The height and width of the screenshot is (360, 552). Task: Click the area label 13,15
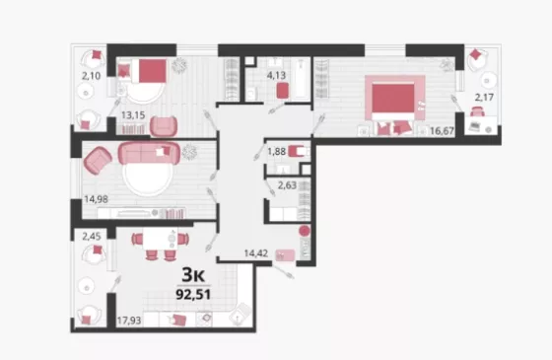tap(133, 115)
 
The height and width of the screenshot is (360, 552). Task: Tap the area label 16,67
tap(442, 131)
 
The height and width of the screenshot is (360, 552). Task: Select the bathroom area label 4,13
tap(276, 75)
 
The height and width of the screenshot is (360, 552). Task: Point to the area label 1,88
tap(277, 152)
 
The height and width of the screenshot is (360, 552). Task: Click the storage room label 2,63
tap(287, 185)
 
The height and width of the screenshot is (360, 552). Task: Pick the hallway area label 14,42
tap(256, 253)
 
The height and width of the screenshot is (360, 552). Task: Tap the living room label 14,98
tap(97, 199)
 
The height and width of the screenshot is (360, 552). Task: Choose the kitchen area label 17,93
tap(129, 321)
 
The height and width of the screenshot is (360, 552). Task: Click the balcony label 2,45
tap(92, 237)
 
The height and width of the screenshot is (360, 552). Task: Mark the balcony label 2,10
tap(91, 76)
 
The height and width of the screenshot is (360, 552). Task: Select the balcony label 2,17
tap(484, 97)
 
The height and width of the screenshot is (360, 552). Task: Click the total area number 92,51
tap(193, 294)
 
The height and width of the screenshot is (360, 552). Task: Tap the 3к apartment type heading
tap(193, 275)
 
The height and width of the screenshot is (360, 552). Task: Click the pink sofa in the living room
tap(149, 153)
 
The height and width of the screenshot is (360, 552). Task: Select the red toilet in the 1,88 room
tap(297, 152)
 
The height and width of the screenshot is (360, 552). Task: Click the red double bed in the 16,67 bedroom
tap(393, 100)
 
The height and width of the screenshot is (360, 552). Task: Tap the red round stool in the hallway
tap(305, 232)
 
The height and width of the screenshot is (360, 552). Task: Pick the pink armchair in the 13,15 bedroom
tap(164, 126)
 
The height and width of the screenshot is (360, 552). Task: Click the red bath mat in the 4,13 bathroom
tap(283, 91)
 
